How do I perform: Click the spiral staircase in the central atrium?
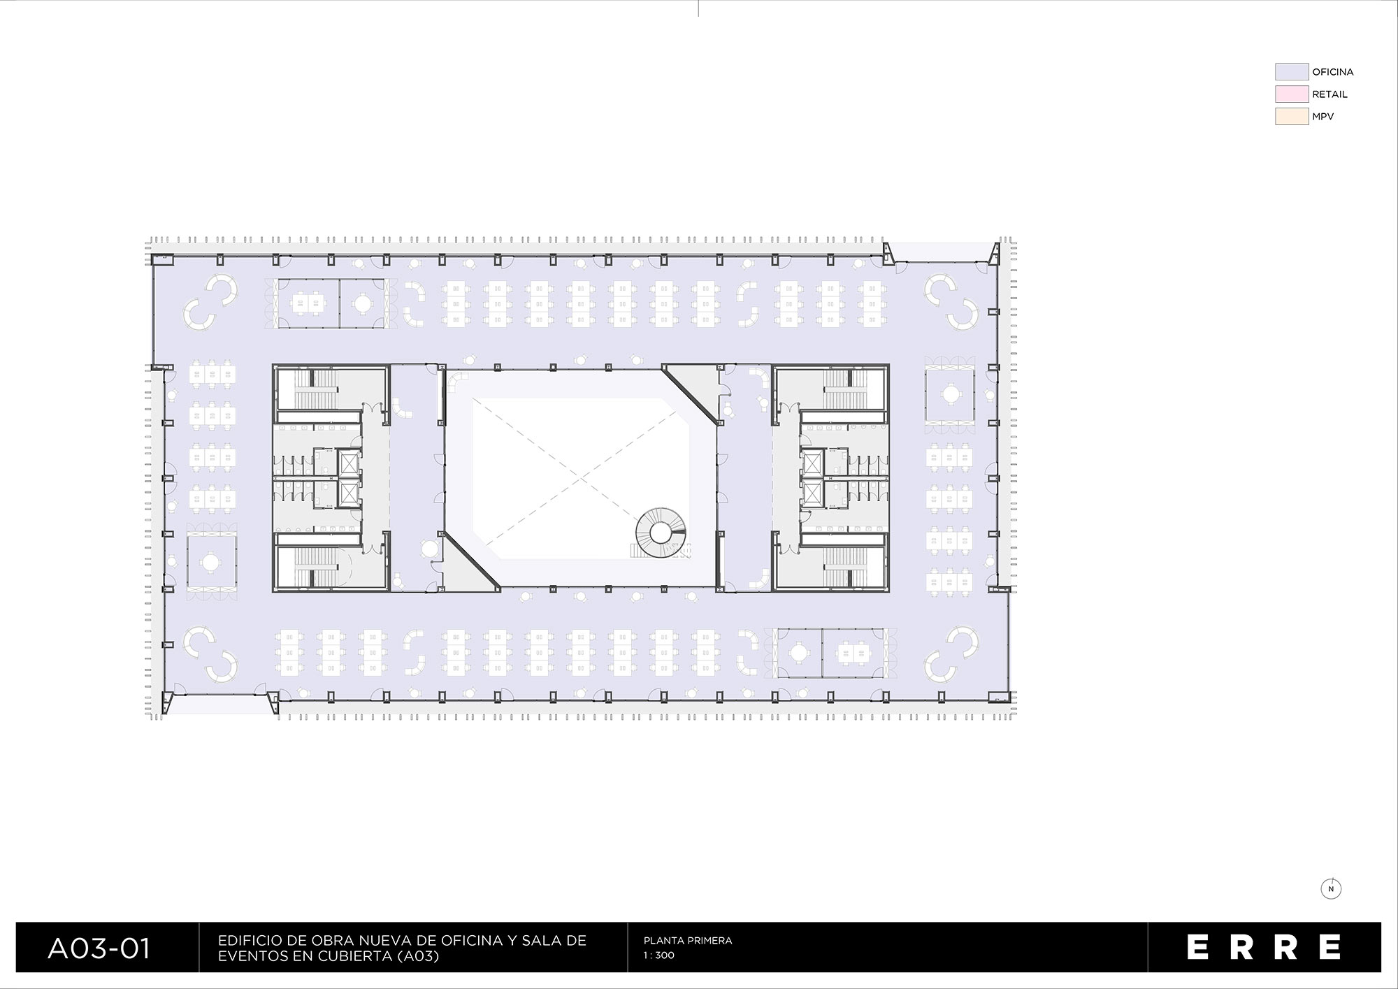[x=658, y=534]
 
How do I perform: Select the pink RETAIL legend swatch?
[x=1292, y=94]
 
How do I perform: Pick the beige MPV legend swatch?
[x=1292, y=117]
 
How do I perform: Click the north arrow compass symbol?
[x=1331, y=889]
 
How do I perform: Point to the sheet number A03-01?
[x=99, y=948]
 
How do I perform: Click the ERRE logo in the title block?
[x=1264, y=947]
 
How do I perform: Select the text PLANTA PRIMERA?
[x=688, y=941]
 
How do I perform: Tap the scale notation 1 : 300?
[x=659, y=955]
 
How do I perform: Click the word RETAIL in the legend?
[x=1329, y=94]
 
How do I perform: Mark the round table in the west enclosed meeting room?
[x=210, y=561]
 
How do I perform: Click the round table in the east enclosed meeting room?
[x=949, y=394]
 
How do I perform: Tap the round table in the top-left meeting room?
[x=362, y=303]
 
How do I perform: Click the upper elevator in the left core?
[x=347, y=463]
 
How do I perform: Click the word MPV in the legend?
[x=1323, y=117]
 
